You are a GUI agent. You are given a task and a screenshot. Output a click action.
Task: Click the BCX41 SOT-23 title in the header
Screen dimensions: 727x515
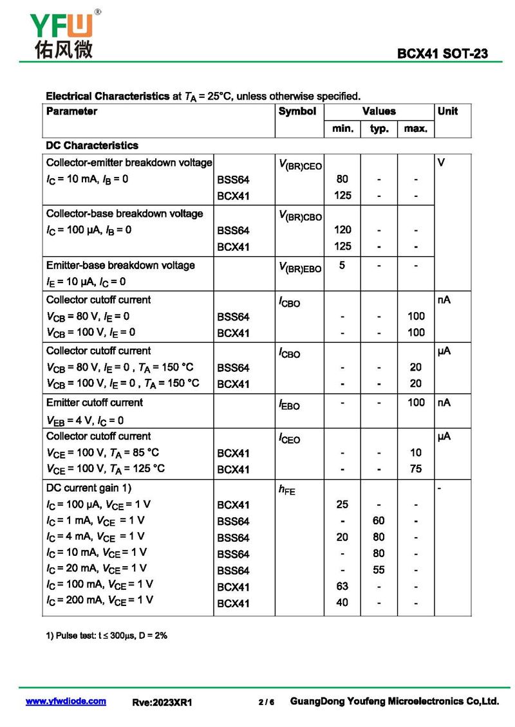pos(442,54)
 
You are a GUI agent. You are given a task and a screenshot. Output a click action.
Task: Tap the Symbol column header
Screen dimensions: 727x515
pos(297,111)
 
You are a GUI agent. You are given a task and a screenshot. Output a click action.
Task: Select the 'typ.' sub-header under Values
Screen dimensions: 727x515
pos(379,129)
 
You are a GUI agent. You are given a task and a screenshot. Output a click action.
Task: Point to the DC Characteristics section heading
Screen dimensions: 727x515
pos(92,146)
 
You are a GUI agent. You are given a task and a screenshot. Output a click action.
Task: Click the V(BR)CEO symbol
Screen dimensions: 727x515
pos(301,165)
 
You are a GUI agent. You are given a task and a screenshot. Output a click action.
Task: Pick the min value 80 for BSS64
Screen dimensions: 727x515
pos(342,179)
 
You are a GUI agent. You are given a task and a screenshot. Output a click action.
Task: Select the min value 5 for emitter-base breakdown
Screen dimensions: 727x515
pos(342,264)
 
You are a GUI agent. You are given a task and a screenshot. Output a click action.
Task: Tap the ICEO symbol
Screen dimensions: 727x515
pos(289,439)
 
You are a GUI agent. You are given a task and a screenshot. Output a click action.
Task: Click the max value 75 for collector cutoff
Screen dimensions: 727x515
pos(416,469)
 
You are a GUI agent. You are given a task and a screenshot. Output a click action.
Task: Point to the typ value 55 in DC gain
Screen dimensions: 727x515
pos(379,570)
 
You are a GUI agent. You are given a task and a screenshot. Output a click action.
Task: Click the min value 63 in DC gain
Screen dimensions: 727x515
pos(342,586)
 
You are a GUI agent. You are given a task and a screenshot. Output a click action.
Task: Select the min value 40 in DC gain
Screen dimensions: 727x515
pos(342,603)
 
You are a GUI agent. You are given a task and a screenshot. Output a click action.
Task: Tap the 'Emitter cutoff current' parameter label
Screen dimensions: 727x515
pos(95,403)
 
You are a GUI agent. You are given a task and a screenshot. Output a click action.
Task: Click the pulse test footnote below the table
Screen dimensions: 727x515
pos(107,636)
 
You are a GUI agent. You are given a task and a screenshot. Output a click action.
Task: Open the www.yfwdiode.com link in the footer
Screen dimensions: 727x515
pos(66,701)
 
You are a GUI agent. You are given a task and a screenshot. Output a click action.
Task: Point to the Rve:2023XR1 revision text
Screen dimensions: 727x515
pos(162,703)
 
